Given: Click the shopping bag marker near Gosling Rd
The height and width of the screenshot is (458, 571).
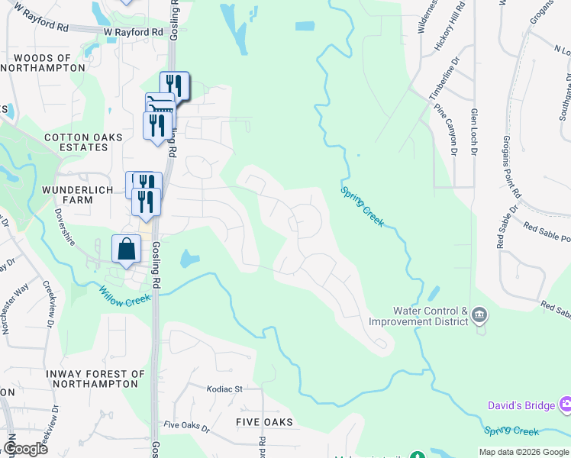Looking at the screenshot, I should [127, 249].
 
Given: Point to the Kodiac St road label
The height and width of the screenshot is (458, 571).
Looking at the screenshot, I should [224, 389].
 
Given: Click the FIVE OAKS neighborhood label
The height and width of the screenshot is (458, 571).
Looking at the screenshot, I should [264, 421].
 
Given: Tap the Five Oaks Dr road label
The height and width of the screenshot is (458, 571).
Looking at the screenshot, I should [187, 424].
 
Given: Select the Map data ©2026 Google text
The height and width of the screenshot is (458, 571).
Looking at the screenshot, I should [524, 452].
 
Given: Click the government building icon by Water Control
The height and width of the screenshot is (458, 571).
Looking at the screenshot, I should [479, 314].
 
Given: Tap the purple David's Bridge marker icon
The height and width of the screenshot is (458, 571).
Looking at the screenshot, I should [565, 404].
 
